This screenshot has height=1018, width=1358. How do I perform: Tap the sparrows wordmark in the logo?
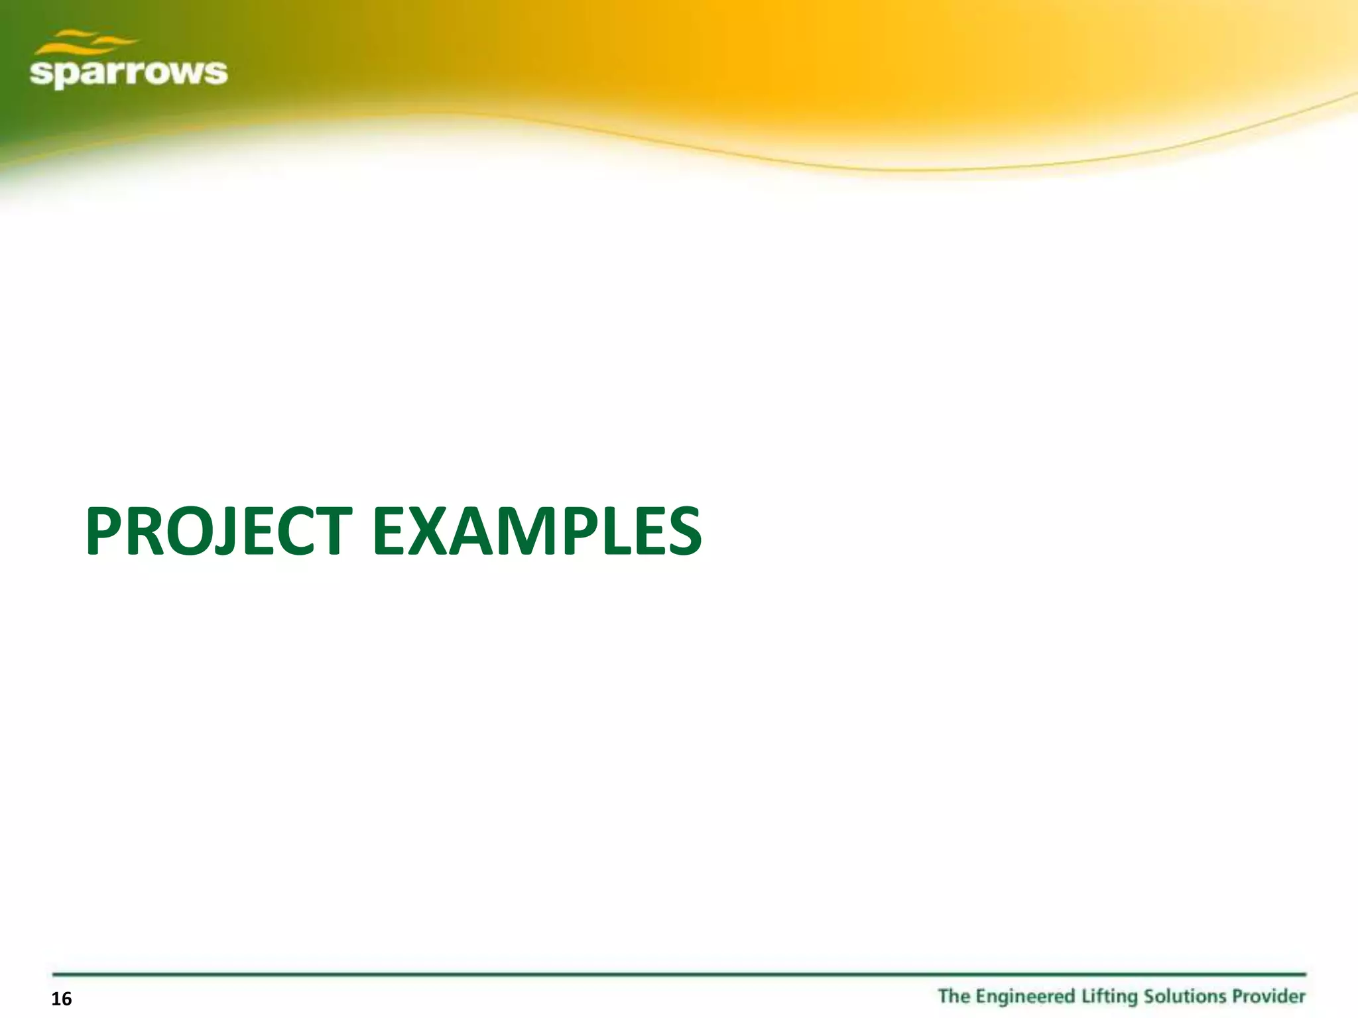tap(129, 72)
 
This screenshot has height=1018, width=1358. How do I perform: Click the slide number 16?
tap(61, 999)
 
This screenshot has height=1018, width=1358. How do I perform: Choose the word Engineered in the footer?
tap(1026, 997)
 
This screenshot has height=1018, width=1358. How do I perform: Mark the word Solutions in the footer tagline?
tap(1182, 996)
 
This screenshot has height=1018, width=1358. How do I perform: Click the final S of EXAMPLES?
tap(681, 532)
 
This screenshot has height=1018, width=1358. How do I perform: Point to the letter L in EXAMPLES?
tap(619, 532)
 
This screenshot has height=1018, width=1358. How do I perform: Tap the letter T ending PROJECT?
tap(327, 532)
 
